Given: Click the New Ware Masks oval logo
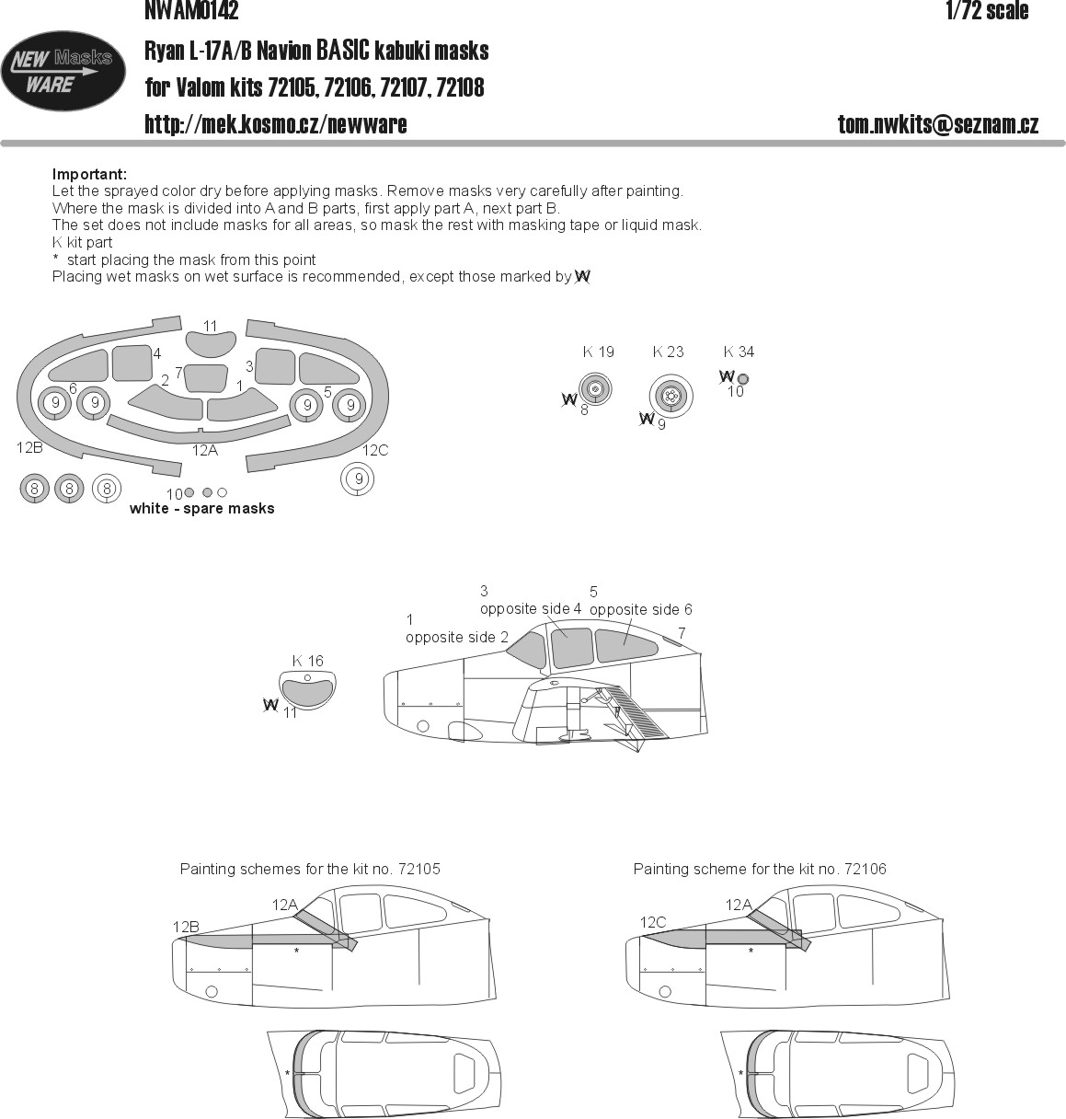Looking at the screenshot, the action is point(63,71).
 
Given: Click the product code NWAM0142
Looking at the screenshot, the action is point(191,11).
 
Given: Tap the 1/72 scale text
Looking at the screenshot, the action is point(987,11).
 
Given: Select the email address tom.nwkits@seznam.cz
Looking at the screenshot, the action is point(938,124).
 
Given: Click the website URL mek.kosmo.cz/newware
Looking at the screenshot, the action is point(276,124).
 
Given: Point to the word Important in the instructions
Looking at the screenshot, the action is point(89,174).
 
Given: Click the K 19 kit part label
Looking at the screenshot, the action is point(599,352).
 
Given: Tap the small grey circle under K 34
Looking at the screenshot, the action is point(742,378).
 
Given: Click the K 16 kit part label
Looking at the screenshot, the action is point(308,661).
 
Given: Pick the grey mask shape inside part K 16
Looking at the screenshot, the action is point(307,693).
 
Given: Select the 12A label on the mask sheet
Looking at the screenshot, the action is point(205,451).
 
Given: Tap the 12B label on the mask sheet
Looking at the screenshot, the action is point(29,448).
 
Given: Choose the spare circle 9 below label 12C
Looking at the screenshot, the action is point(358,479).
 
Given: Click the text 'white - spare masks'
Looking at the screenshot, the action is point(202,508).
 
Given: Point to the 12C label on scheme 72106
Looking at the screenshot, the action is point(652,922).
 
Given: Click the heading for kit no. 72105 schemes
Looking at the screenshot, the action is point(310,869).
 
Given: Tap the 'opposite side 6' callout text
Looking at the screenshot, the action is point(640,609).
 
